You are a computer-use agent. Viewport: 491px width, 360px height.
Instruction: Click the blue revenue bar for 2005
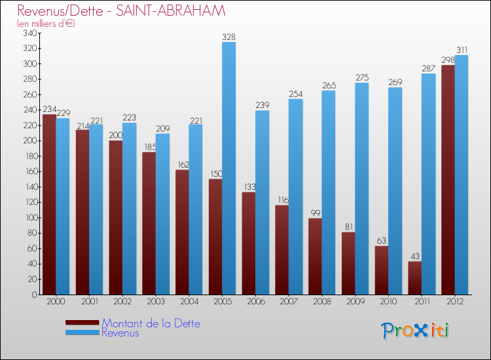(228, 168)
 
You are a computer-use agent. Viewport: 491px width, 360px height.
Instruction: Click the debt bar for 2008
(315, 256)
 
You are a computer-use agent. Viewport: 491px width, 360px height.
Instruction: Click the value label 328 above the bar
(228, 37)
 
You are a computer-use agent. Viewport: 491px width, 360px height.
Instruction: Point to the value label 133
(248, 187)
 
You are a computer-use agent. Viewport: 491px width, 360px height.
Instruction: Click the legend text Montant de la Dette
(151, 323)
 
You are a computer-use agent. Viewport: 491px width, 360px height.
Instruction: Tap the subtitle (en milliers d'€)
(46, 24)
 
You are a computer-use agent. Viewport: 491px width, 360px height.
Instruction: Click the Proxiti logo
(415, 331)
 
